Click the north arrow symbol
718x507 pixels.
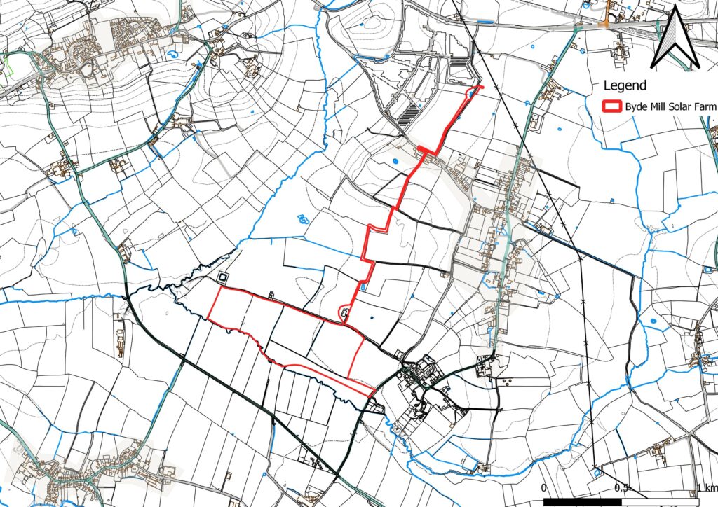(x=675, y=39)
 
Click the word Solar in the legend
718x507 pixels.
(x=672, y=106)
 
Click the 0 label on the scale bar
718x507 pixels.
(x=545, y=487)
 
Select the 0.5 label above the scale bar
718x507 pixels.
(x=620, y=487)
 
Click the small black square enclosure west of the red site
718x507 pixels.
(x=222, y=278)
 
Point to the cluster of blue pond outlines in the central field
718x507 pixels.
(x=303, y=218)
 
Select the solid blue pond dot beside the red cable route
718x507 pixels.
(x=394, y=162)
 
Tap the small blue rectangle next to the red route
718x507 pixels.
(x=362, y=286)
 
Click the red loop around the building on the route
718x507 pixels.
(x=344, y=314)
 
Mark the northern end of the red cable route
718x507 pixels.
(x=480, y=87)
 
